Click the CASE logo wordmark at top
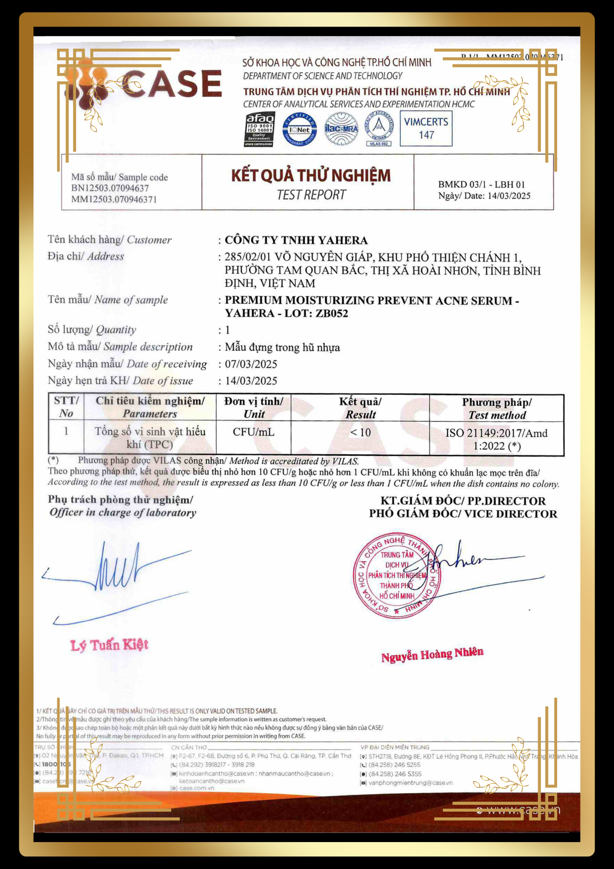point(172,83)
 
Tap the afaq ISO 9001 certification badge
point(259,129)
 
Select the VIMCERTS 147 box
point(426,128)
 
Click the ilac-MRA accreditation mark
point(341,129)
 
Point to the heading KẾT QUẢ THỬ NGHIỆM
point(310,176)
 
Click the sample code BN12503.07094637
point(110,188)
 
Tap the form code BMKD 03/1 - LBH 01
point(481,185)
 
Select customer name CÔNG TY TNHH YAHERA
point(296,240)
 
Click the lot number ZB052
point(332,313)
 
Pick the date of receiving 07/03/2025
point(251,364)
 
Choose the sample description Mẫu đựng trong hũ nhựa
point(282,347)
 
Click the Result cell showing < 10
point(360,433)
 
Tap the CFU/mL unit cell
point(253,432)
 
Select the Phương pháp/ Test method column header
point(497,408)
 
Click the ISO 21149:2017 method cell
point(496,439)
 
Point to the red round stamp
point(396,575)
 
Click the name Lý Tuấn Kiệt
point(109,645)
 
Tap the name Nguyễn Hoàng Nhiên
point(432,654)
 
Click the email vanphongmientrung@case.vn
point(410,783)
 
